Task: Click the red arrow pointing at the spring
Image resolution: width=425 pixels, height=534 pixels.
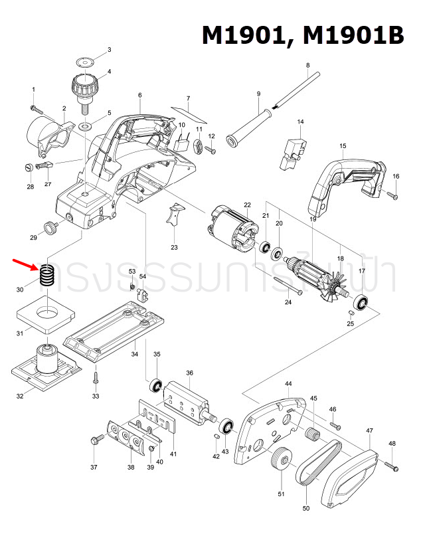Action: click(26, 266)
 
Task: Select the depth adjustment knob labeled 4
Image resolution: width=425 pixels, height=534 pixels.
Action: click(84, 87)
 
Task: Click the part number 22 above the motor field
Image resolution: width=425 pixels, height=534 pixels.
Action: click(247, 205)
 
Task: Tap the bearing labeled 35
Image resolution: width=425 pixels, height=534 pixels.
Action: click(157, 385)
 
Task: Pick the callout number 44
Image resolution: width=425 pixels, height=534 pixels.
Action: click(288, 385)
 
